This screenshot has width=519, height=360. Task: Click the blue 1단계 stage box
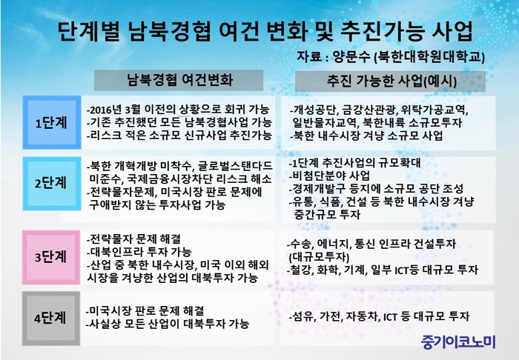point(52,122)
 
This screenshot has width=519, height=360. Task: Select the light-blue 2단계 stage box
point(52,184)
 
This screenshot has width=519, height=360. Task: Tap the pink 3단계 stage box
point(51,257)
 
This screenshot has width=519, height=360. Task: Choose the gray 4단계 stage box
point(51,319)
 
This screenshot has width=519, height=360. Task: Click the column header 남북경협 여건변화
point(179,80)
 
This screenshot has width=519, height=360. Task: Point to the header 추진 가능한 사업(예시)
point(391,81)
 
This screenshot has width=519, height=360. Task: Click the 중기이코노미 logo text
point(458,341)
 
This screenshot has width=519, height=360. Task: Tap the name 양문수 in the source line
point(351,56)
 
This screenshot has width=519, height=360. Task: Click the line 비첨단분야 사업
point(329,176)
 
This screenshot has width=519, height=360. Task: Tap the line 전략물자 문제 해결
point(133,239)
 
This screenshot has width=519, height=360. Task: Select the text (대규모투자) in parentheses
point(319,257)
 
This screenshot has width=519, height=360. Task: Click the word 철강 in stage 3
point(300,270)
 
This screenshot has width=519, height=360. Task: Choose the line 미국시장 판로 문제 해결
point(145,311)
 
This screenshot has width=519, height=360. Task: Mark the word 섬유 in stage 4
point(303,317)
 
